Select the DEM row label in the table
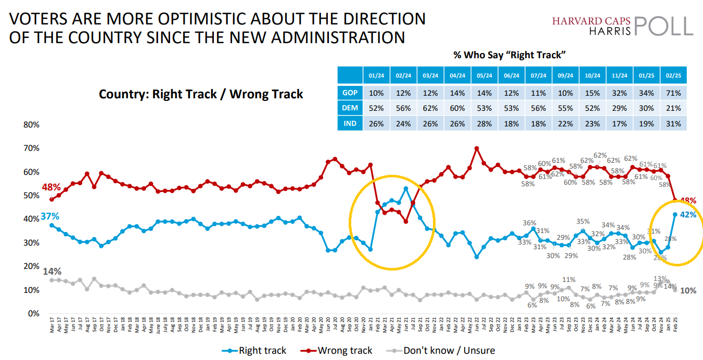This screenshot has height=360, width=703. pyautogui.click(x=350, y=108)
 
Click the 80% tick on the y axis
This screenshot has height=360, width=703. pyautogui.click(x=31, y=125)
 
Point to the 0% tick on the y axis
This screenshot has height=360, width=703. pyautogui.click(x=34, y=313)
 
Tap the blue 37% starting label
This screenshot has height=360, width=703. pyautogui.click(x=50, y=216)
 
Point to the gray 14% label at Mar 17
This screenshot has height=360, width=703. pyautogui.click(x=52, y=272)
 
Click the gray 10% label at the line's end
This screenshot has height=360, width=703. pyautogui.click(x=688, y=291)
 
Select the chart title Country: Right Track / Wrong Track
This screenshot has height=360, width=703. pyautogui.click(x=201, y=94)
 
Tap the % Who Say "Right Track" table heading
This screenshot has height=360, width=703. pyautogui.click(x=509, y=55)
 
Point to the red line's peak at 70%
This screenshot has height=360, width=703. pyautogui.click(x=477, y=148)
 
